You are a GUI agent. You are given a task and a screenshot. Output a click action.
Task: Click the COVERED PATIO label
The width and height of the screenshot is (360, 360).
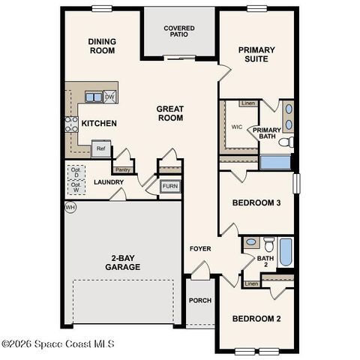coord(179,32)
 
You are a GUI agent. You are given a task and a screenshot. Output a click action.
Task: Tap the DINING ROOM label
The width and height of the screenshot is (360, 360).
coord(101,46)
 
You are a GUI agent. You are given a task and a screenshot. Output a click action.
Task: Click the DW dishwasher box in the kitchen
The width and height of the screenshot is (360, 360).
coord(109,97)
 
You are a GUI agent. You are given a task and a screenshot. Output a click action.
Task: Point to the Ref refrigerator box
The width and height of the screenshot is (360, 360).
coord(101,148)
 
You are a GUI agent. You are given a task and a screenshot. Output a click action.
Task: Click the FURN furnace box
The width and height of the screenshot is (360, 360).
coord(169,186)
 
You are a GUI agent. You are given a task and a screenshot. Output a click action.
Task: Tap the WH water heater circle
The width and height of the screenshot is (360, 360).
coord(71,207)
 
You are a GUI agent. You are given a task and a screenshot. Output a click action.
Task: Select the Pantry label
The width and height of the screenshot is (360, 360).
coord(123,169)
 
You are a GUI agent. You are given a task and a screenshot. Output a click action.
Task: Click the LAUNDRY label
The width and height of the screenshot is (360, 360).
coord(108,182)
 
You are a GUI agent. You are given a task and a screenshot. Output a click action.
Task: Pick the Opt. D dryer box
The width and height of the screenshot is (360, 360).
coord(76,172)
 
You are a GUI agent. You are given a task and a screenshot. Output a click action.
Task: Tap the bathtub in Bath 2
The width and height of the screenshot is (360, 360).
coord(286,252)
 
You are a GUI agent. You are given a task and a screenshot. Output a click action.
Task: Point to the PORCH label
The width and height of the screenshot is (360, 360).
coord(199,301)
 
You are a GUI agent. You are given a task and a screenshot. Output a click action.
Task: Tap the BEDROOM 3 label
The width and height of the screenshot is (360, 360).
coord(256,203)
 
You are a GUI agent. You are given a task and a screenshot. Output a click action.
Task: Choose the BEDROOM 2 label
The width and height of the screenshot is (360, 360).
coord(256,319)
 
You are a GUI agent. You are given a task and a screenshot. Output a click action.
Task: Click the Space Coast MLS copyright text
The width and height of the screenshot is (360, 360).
coord(58,344)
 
